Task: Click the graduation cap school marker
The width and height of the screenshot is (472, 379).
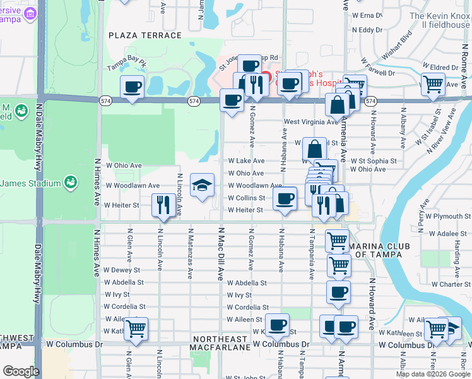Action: (x=202, y=186)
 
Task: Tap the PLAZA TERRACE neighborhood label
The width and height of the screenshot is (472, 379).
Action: (x=145, y=35)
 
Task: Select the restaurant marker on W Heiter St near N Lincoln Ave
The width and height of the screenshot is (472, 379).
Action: (x=163, y=205)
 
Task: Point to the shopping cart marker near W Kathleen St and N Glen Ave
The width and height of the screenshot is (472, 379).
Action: (x=136, y=328)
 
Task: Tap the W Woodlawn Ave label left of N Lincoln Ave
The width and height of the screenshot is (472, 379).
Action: (x=132, y=186)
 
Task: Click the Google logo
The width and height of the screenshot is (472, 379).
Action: (x=21, y=371)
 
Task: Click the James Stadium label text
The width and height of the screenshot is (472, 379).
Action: (x=30, y=183)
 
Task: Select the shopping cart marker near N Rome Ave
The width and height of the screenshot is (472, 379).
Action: (x=432, y=83)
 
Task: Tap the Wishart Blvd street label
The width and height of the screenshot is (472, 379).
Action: (x=396, y=44)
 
